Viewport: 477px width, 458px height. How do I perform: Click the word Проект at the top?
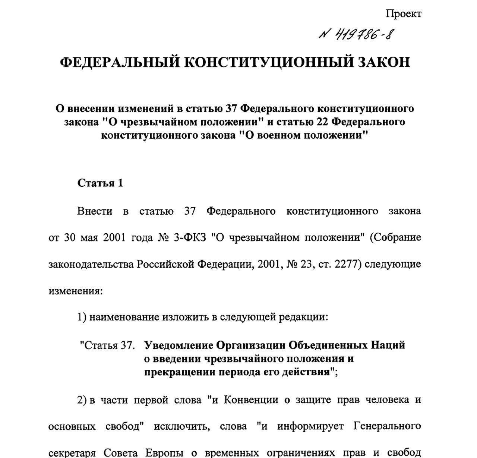404,14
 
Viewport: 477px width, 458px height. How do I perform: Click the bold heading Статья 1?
100,183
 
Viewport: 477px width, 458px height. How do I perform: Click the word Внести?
95,211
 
